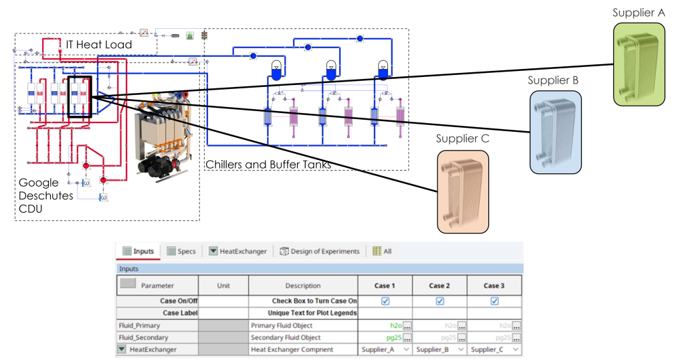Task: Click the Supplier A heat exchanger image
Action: pos(640,65)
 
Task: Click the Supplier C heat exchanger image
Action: pos(463,192)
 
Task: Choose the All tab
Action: pos(382,252)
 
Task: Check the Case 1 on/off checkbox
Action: pos(385,301)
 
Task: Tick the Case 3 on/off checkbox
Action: pos(494,301)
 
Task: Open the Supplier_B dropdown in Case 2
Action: pos(439,350)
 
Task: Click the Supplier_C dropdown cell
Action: pos(494,350)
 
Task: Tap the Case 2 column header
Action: pos(439,286)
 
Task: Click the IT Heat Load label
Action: pos(98,45)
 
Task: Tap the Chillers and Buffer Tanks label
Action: pos(268,165)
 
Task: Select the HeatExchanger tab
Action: pos(237,252)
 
